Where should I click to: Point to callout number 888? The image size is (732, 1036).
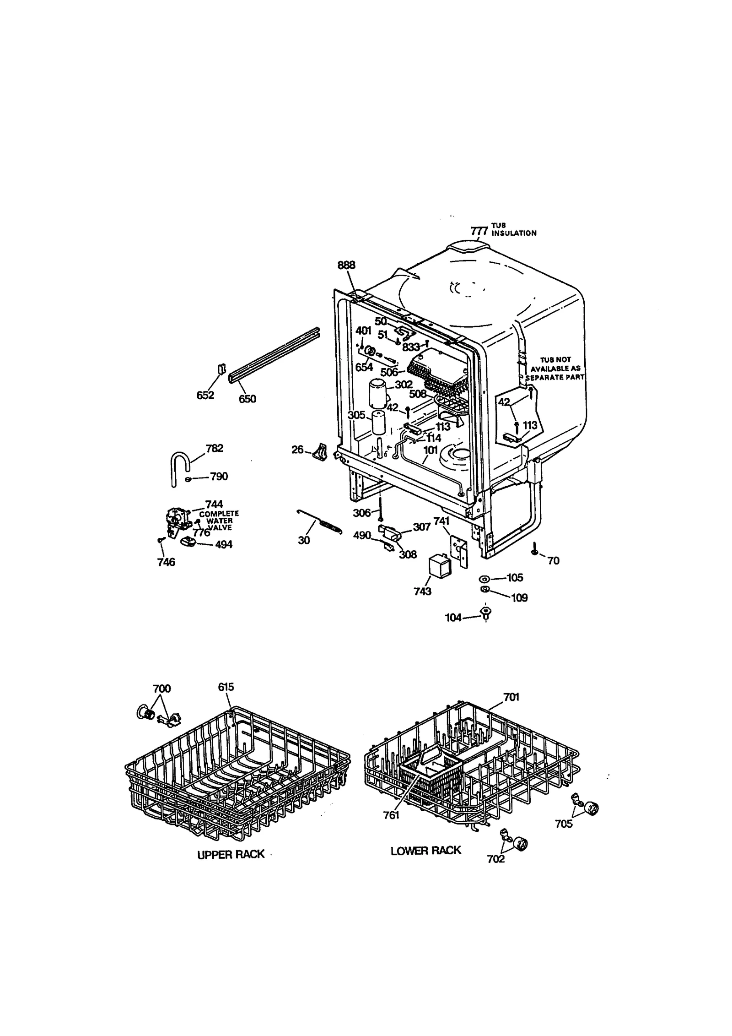[x=346, y=266]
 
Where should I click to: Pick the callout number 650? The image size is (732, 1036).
[x=247, y=398]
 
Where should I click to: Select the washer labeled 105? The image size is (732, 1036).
[x=484, y=579]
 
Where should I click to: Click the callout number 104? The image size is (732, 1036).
[x=453, y=618]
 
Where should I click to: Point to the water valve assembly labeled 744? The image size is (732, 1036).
[x=176, y=520]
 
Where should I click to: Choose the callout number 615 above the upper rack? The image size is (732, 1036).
[x=226, y=700]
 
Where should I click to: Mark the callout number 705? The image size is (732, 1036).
[x=563, y=824]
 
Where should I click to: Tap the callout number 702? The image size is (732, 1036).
[x=495, y=859]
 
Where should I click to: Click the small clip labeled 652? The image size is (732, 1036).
[x=221, y=369]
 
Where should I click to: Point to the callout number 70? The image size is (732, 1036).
[x=553, y=560]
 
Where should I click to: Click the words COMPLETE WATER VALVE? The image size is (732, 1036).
[x=219, y=521]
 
